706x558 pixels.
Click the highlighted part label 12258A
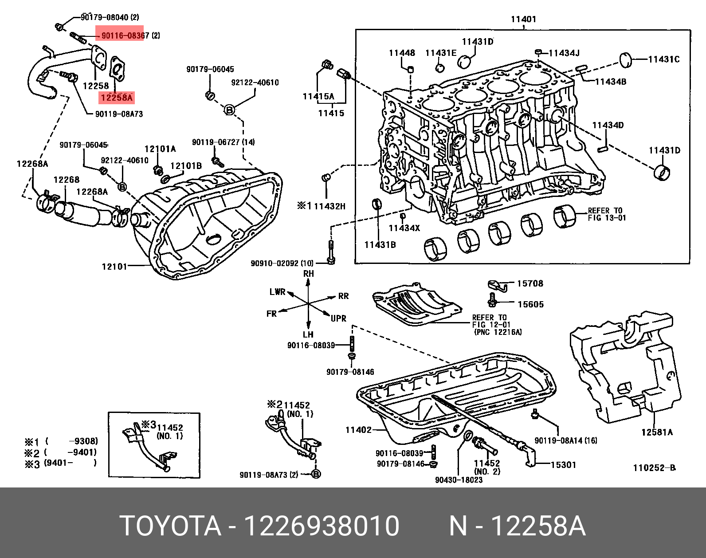coord(116,98)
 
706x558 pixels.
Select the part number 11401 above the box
coord(523,19)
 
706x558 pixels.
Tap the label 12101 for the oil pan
coord(114,267)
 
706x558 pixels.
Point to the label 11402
coord(358,430)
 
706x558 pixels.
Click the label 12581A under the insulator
coord(657,432)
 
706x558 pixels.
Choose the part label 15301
coord(563,465)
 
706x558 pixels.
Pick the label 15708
coord(530,283)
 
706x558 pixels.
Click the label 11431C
coord(663,59)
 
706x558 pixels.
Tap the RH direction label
coord(309,274)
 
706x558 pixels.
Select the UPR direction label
coord(338,318)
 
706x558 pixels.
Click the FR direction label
coord(271,314)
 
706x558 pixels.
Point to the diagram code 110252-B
coord(654,468)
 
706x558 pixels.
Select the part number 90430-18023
coord(459,480)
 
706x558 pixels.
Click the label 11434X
coord(404,228)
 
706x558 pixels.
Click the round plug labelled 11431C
coord(626,59)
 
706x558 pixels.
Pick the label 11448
coord(402,53)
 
